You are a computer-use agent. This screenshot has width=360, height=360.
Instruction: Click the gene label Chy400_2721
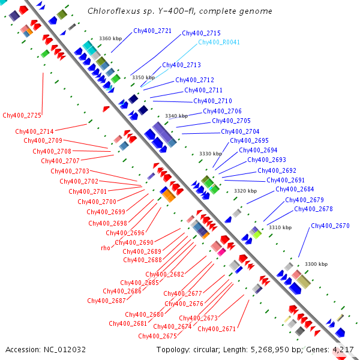[x=152, y=31]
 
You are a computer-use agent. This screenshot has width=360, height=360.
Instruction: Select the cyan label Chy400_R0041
[x=219, y=42]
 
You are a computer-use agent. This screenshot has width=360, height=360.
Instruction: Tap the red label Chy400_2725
[x=22, y=115]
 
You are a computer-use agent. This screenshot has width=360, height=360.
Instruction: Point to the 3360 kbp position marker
[x=110, y=38]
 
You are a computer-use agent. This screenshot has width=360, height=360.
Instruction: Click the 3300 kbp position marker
[x=316, y=264]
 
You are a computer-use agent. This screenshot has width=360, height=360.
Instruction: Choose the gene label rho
[x=106, y=248]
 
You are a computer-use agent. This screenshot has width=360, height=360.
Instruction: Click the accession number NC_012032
[x=65, y=350]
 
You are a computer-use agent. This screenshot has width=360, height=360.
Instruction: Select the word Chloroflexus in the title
[x=113, y=11]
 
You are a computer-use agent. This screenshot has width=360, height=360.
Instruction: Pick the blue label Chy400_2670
[x=330, y=226]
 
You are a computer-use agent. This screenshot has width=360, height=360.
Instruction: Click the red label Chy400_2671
[x=217, y=329]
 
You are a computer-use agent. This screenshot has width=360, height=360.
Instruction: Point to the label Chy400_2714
[x=34, y=131]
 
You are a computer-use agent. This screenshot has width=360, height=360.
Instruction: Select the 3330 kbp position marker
[x=211, y=154]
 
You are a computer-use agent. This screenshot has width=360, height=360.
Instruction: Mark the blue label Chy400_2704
[x=240, y=131]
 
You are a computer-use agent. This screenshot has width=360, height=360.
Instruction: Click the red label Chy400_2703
[x=70, y=171]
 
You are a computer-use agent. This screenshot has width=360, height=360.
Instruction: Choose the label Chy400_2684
[x=295, y=189]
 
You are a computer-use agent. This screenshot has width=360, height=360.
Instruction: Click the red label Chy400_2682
[x=164, y=274]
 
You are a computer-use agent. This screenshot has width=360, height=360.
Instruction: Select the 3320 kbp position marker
[x=245, y=191]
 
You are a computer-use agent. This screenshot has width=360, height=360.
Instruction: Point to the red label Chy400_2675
[x=157, y=336]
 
